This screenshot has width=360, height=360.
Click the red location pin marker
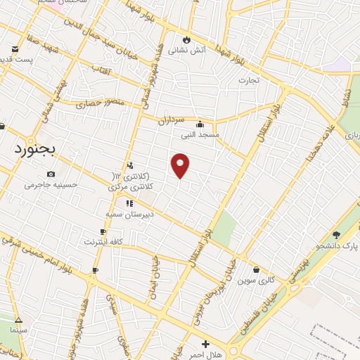[181, 165]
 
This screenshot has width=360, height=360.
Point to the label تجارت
[249, 80]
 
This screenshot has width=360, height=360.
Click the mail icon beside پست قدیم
[15, 49]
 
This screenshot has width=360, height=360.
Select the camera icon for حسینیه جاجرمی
[51, 174]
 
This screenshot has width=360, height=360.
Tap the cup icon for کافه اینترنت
[103, 231]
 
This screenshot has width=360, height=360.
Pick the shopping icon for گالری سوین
[255, 269]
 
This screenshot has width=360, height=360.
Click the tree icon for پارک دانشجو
[336, 235]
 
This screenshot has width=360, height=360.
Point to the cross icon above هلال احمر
[205, 344]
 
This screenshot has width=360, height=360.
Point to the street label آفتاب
[101, 70]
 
